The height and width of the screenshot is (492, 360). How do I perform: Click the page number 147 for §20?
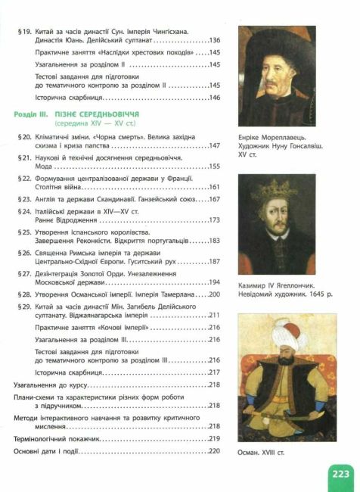tap(213, 145)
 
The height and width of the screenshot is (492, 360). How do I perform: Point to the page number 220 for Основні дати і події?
tap(213, 452)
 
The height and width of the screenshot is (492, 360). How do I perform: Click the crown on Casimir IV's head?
tap(276, 183)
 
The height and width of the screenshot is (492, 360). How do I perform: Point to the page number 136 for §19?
tap(213, 39)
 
